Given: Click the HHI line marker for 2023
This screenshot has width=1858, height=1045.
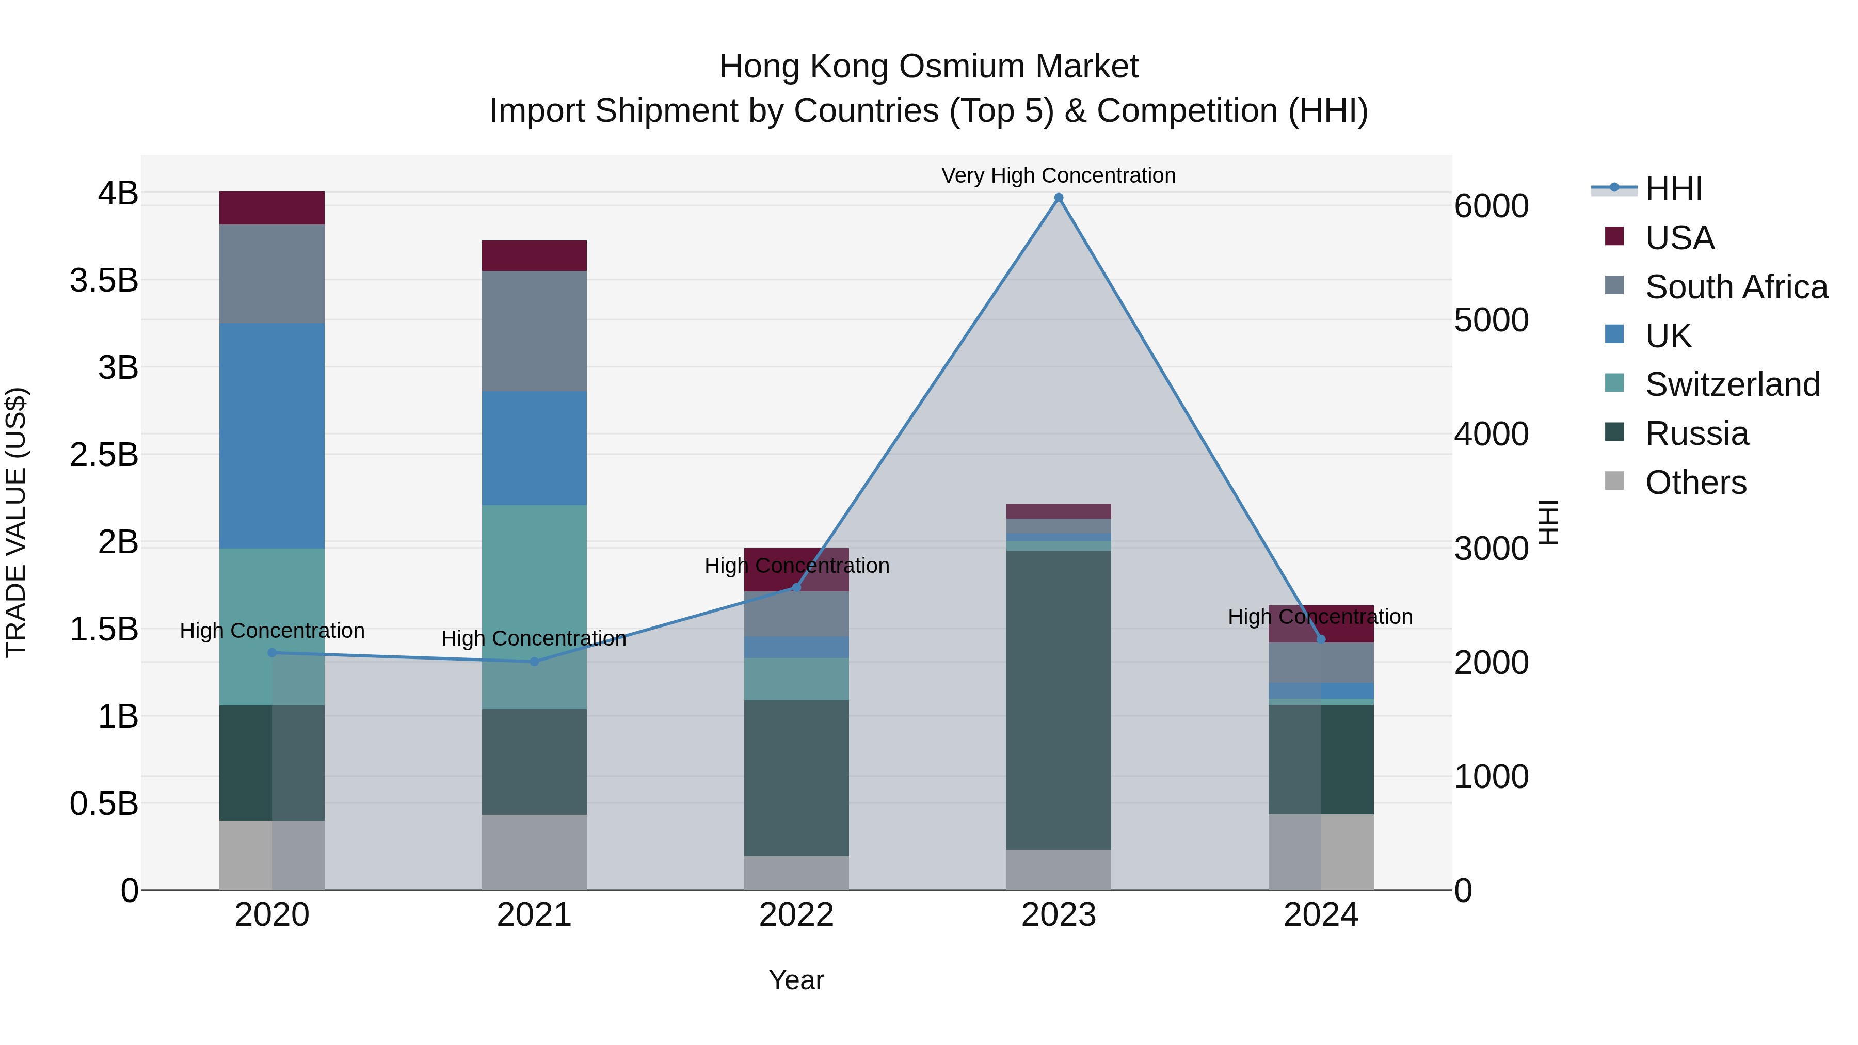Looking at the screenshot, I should (x=1058, y=198).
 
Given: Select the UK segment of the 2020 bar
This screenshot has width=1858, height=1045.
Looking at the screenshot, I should (x=272, y=436).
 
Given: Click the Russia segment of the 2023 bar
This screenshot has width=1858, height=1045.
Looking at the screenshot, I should (x=1058, y=700).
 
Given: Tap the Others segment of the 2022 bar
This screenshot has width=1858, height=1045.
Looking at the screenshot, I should (x=796, y=873).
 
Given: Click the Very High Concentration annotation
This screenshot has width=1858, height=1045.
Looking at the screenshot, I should (x=1058, y=175).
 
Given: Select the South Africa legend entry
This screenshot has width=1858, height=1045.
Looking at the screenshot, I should (x=1736, y=286).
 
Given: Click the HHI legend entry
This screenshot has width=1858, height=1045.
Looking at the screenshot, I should (x=1673, y=189).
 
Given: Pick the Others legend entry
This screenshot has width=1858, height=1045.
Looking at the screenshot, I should (x=1695, y=482).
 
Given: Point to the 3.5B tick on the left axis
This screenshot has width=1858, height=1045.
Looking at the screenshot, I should (x=104, y=280).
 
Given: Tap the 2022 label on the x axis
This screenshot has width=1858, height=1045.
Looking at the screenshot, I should (x=796, y=914).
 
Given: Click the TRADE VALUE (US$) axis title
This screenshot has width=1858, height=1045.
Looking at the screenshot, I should (x=16, y=522).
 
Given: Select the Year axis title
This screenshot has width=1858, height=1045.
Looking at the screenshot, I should (x=796, y=980).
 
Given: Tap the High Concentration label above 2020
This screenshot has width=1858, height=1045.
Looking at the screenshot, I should (x=272, y=630).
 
